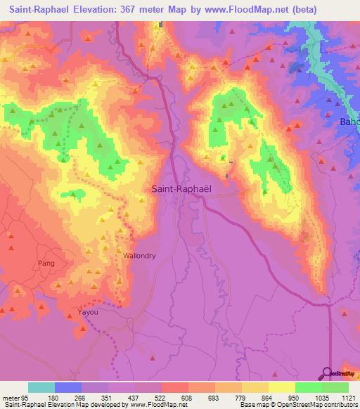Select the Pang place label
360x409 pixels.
pyautogui.click(x=43, y=263)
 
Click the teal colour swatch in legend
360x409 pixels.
pyautogui.click(x=41, y=387)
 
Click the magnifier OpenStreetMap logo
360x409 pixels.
pyautogui.click(x=326, y=372)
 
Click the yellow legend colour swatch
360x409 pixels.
pyautogui.click(x=281, y=387)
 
